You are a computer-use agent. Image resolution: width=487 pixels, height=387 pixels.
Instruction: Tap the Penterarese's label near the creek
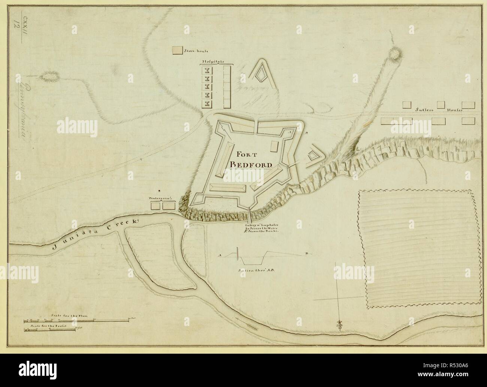[x=160, y=197]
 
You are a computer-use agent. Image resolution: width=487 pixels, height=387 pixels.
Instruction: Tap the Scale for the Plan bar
[x=80, y=321]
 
